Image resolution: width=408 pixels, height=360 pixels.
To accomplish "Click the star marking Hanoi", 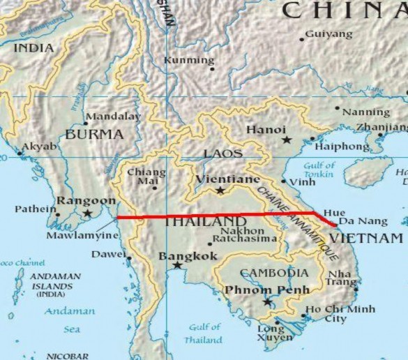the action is pos(286,140).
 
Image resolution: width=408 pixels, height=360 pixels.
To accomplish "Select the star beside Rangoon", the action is pos(87,213).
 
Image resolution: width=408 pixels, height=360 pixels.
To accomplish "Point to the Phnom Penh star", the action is pos(268,302).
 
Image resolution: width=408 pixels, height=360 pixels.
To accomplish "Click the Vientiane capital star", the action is pos(221,190).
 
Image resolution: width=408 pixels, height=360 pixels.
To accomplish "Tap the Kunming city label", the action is pos(188,61).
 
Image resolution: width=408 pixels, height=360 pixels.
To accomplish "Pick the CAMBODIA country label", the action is pos(273,273).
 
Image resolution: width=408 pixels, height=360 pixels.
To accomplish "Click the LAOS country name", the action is pos(223,153).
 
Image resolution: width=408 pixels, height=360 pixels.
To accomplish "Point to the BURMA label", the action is pos(94,134).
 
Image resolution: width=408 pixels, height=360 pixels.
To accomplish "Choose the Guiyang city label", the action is pos(329,33).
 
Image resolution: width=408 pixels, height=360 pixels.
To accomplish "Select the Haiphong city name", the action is pos(342,147).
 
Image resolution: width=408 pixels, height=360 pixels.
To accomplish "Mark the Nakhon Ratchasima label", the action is pos(242,237).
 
